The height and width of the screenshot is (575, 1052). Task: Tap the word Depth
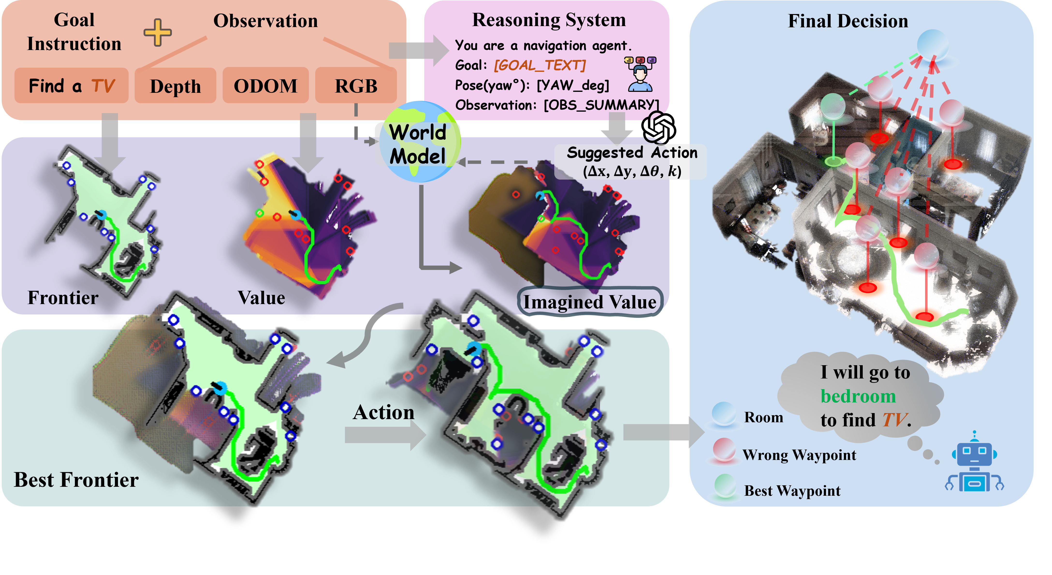pyautogui.click(x=175, y=87)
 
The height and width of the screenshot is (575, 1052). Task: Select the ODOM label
pyautogui.click(x=265, y=86)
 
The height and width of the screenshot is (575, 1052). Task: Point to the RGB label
pyautogui.click(x=356, y=86)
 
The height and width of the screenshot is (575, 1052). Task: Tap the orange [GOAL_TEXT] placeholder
pyautogui.click(x=540, y=65)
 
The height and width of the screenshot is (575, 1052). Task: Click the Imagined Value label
pyautogui.click(x=590, y=302)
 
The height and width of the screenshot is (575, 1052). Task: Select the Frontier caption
pyautogui.click(x=63, y=298)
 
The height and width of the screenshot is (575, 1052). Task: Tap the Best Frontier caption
pyautogui.click(x=76, y=480)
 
